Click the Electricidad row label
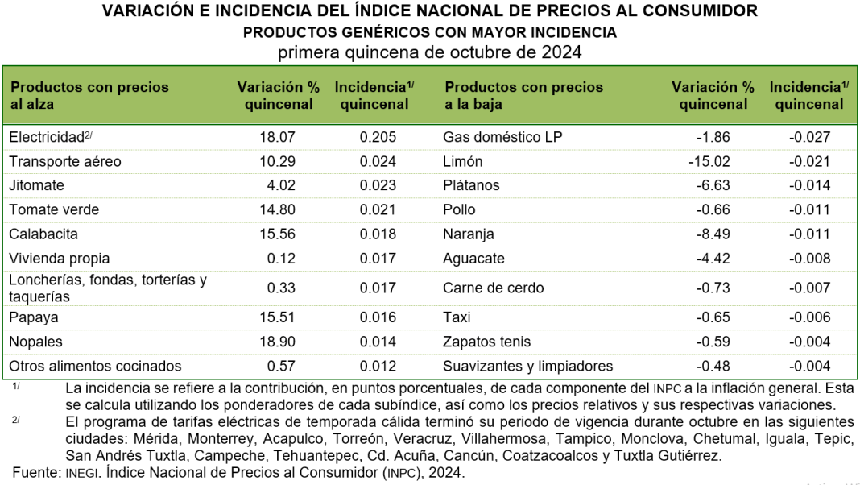pos(47,137)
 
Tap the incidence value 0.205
pos(378,137)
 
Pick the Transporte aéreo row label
pos(65,161)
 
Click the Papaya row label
pos(34,317)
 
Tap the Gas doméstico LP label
pos(502,137)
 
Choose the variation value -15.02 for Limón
pos(709,161)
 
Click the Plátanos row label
pos(471,185)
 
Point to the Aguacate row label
pos(473,259)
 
